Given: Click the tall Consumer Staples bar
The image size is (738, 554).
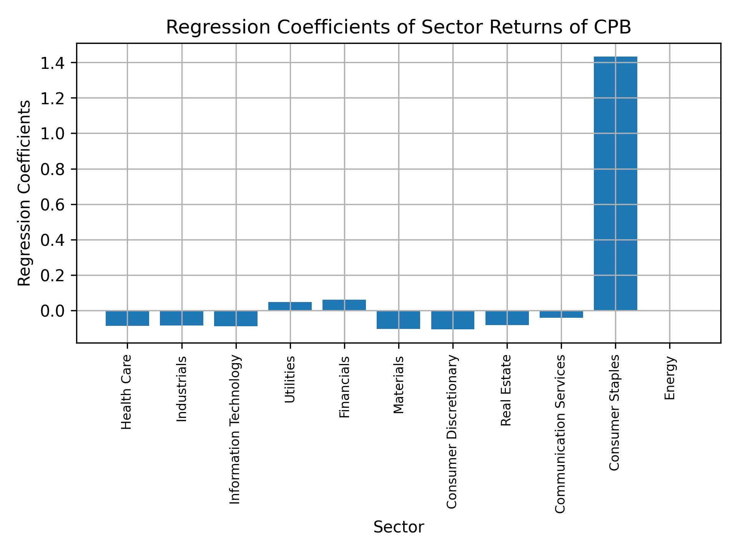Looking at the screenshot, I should (x=615, y=184).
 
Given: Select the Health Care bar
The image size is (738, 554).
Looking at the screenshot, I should (x=127, y=318).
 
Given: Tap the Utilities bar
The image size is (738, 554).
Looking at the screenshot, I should (x=290, y=306).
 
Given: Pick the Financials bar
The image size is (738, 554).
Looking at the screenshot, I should (x=344, y=305).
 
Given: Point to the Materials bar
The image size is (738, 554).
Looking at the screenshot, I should (x=398, y=320).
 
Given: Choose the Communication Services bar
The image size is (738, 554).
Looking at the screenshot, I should (x=561, y=314).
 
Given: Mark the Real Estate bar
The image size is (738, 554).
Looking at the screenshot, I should (x=507, y=318).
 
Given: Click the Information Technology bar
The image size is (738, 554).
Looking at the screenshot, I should (x=236, y=319).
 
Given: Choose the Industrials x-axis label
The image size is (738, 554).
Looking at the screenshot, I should (x=181, y=389).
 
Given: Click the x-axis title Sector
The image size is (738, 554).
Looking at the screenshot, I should (x=399, y=527).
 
